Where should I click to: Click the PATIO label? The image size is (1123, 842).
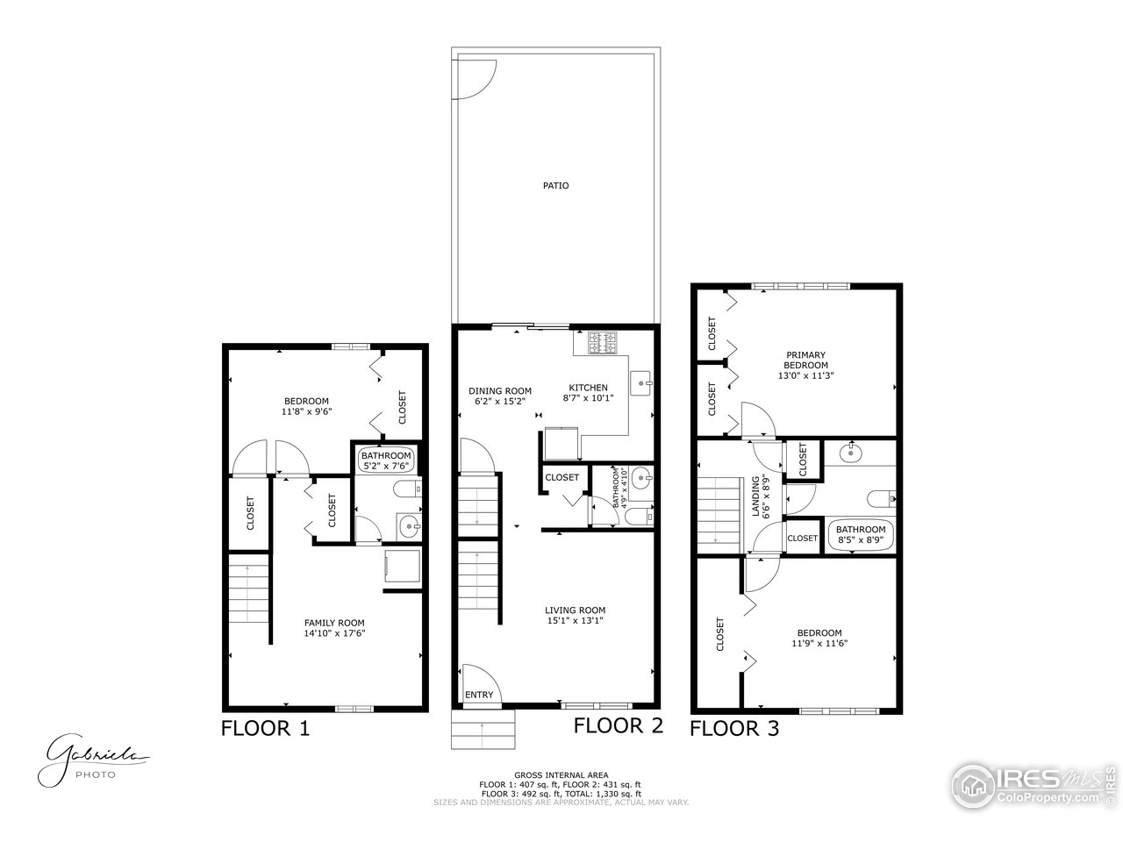554,185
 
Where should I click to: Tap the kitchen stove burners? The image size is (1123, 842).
603,342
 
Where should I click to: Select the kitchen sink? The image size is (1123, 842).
641,382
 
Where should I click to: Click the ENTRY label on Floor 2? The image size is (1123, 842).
479,696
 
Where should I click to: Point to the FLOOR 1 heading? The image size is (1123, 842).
264,728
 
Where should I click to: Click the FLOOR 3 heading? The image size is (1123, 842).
733,728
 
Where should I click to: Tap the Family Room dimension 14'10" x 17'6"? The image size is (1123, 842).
334,632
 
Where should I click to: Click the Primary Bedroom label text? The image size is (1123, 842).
805,360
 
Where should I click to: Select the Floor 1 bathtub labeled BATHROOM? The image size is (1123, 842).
386,460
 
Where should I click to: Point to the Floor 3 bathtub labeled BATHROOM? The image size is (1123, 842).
860,535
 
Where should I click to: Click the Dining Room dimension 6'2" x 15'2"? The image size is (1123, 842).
499,402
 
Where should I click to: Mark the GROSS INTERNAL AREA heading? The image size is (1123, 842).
561,775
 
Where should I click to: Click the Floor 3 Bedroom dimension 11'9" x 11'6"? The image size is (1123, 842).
819,643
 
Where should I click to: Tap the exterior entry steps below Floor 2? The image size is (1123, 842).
482,728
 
